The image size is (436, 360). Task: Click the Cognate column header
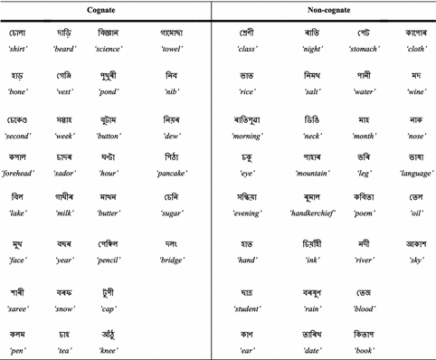click(106, 8)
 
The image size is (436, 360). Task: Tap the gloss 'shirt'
click(17, 48)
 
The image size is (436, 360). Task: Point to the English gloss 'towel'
click(171, 48)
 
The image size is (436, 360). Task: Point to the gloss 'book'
click(362, 346)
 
